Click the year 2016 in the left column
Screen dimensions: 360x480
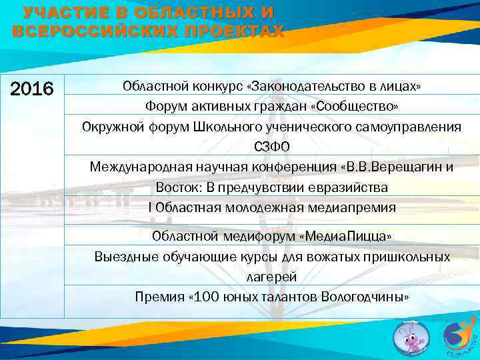pyautogui.click(x=33, y=89)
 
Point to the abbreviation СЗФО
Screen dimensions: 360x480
pyautogui.click(x=272, y=147)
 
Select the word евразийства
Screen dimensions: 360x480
pyautogui.click(x=351, y=187)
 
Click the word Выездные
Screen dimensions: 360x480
pyautogui.click(x=122, y=257)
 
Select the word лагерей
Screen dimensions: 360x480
pyautogui.click(x=272, y=277)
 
